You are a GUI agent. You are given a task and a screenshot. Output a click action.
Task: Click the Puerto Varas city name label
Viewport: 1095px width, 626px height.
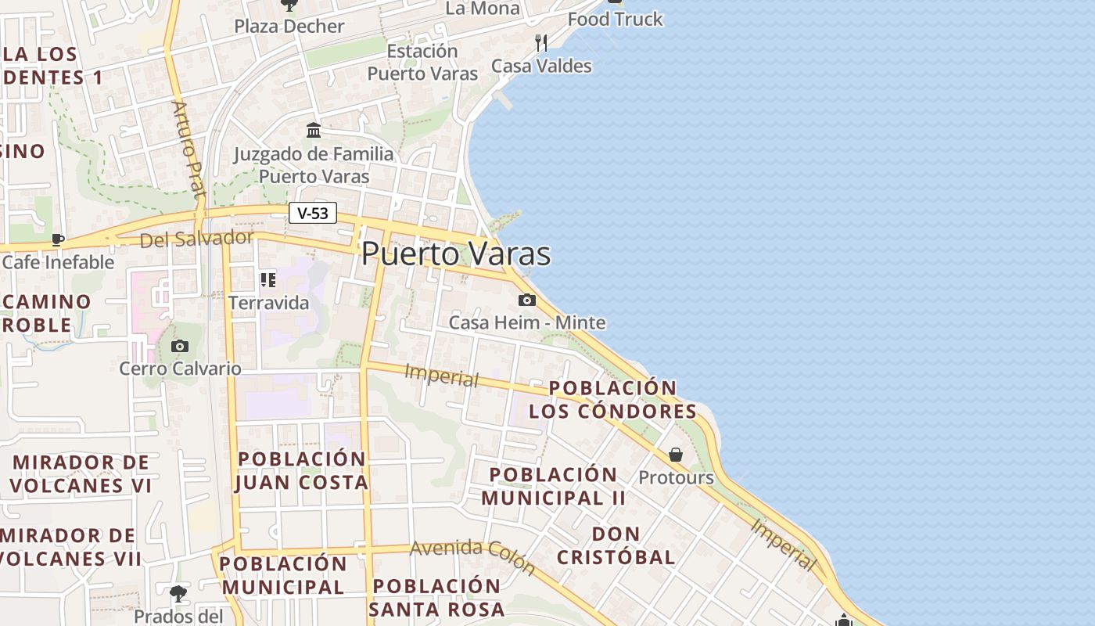tap(456, 254)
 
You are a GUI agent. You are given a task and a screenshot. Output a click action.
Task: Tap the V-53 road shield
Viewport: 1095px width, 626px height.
tap(313, 213)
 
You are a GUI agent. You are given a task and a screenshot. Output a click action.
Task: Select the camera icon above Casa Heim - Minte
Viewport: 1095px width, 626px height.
tap(527, 300)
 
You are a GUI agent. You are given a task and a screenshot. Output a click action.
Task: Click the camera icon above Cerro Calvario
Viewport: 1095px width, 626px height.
tap(179, 346)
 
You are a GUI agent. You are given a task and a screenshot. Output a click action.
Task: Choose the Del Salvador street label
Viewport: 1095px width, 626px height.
tap(196, 239)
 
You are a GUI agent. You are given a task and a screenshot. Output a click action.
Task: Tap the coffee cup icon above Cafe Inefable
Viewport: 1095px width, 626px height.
tap(58, 239)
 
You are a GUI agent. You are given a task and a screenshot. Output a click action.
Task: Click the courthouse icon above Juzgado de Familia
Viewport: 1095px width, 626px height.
tap(314, 130)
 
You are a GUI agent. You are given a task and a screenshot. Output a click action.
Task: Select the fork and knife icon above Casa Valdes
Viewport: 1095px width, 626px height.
tap(540, 42)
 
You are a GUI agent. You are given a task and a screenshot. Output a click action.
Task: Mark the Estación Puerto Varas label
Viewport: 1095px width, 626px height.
tap(422, 63)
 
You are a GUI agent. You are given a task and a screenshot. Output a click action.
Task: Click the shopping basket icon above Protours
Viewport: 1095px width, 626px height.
tap(676, 455)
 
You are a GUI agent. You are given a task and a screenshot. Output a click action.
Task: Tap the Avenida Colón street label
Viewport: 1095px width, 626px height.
tap(472, 556)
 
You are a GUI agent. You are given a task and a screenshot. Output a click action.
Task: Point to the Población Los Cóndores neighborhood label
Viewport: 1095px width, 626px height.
tap(612, 399)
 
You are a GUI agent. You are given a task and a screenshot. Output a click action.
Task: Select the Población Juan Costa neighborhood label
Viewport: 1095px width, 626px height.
tap(302, 470)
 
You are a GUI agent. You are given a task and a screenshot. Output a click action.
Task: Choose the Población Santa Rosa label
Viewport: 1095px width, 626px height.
tap(436, 597)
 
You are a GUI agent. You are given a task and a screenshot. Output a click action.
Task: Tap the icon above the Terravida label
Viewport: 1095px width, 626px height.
tap(268, 279)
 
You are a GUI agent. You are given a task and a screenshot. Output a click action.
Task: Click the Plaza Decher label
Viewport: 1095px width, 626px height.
tap(289, 27)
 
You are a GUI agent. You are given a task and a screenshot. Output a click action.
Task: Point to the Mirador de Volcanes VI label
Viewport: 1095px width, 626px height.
tap(81, 473)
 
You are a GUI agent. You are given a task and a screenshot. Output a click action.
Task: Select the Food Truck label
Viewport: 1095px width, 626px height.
tap(616, 19)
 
